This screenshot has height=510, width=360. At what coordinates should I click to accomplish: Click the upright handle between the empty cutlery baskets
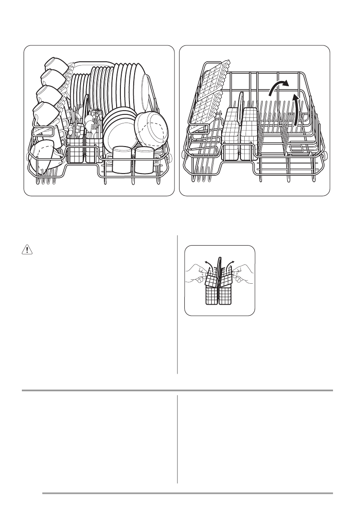[x=240, y=105]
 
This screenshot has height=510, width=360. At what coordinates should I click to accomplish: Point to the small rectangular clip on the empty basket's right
[x=297, y=148]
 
